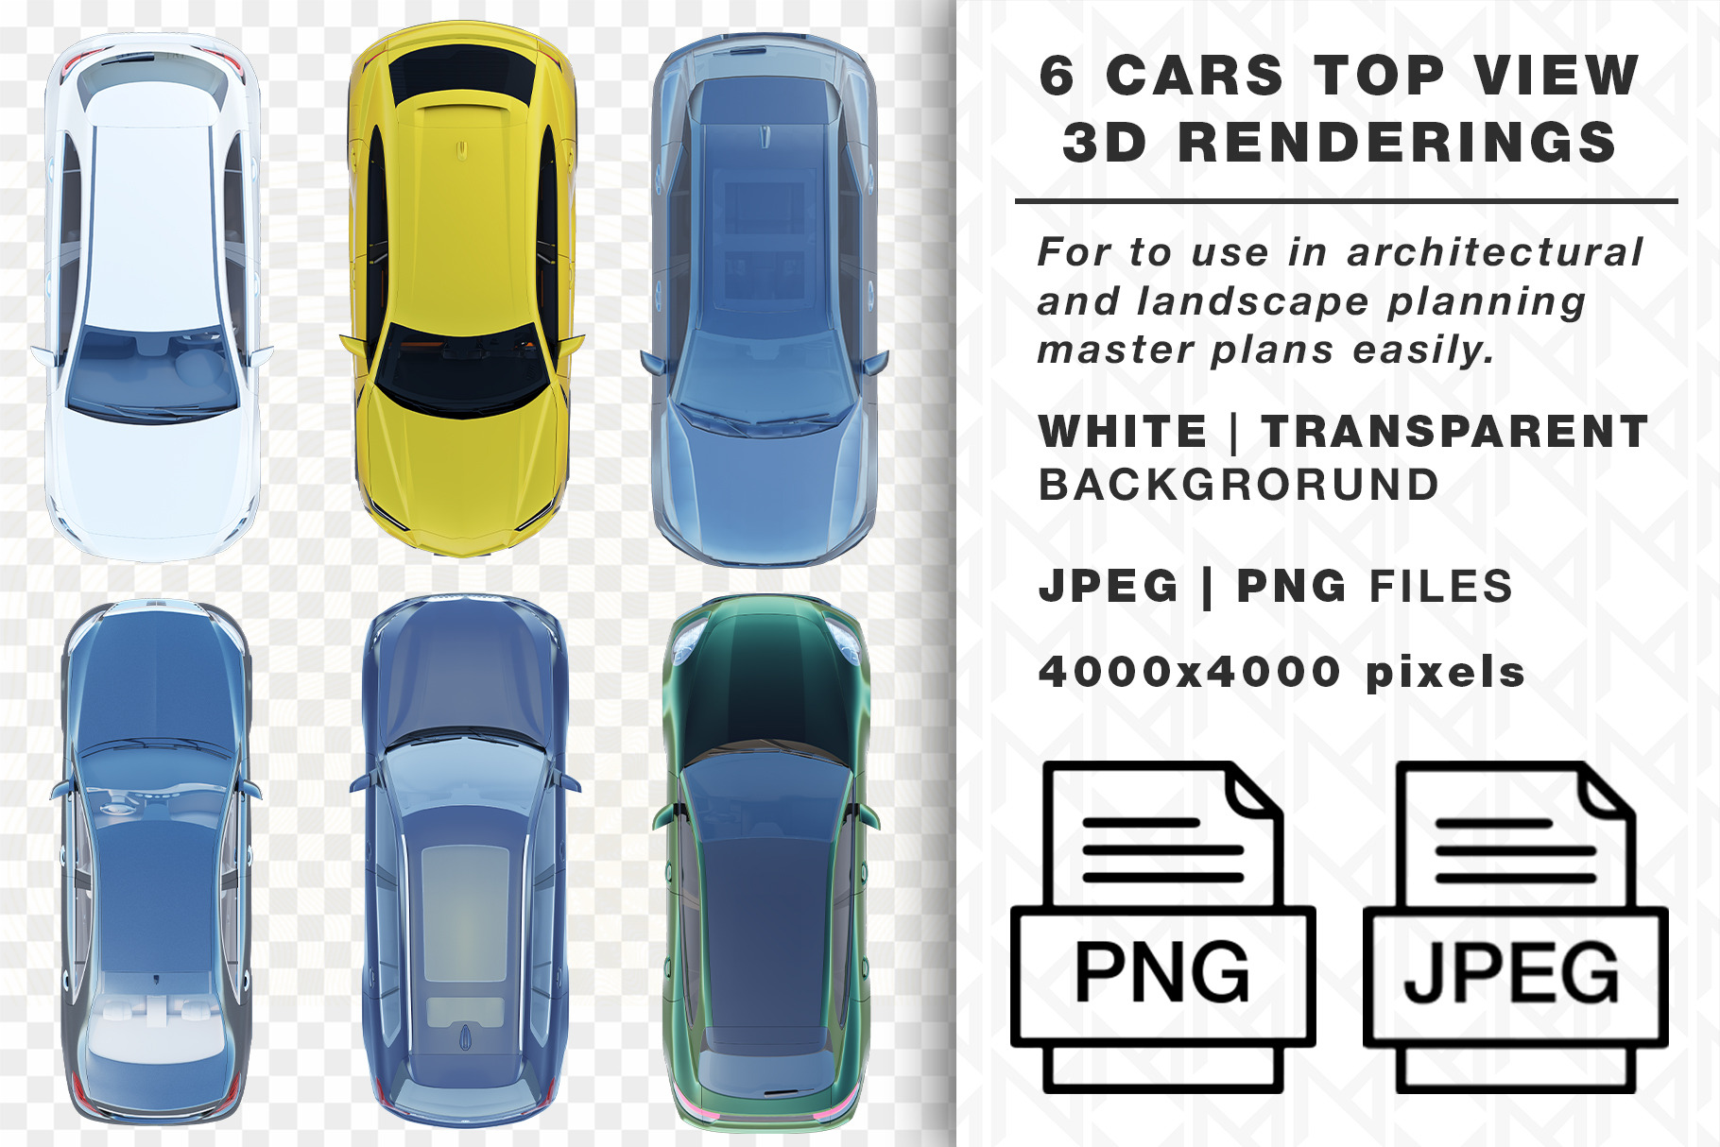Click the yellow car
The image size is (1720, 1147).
pos(460,288)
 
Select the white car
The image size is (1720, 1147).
pos(151,298)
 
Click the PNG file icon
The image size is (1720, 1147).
pos(1163,927)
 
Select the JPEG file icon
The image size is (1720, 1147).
pos(1516,927)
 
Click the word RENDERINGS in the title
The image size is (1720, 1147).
pos(1398,144)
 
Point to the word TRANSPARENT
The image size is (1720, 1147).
pos(1455,432)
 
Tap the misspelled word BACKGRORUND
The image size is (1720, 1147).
pos(1239,485)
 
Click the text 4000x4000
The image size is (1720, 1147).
pos(1190,672)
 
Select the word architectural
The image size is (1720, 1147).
pos(1495,252)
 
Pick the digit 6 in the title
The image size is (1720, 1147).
pos(1058,76)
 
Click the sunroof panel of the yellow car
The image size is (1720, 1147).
pos(461,76)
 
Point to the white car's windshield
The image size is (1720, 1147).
pos(151,373)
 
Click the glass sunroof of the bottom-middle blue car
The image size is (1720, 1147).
pos(464,914)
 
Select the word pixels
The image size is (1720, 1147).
pos(1445,673)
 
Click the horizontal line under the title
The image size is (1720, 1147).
pos(1346,201)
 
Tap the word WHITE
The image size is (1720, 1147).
pos(1123,432)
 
